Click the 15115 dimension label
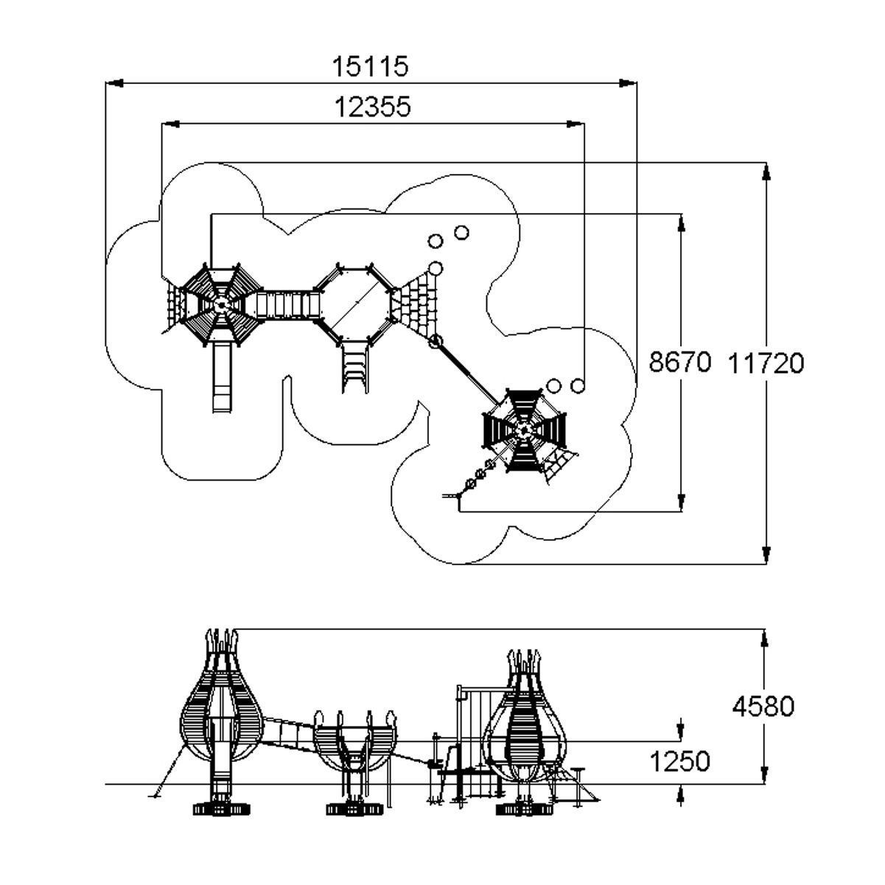(x=370, y=66)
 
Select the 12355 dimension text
(x=372, y=107)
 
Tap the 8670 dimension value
(x=679, y=362)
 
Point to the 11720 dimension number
(x=766, y=363)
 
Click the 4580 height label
(x=763, y=707)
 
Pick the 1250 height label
(x=679, y=761)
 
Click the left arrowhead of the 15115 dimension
(x=114, y=83)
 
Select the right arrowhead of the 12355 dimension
(x=576, y=124)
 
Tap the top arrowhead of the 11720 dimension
(x=766, y=171)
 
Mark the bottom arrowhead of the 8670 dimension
(x=681, y=503)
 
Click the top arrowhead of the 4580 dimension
(x=764, y=637)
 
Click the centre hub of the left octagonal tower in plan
(x=221, y=304)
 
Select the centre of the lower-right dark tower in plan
(x=523, y=430)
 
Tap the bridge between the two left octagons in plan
(x=288, y=305)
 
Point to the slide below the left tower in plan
(x=222, y=377)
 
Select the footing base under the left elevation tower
(x=221, y=809)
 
